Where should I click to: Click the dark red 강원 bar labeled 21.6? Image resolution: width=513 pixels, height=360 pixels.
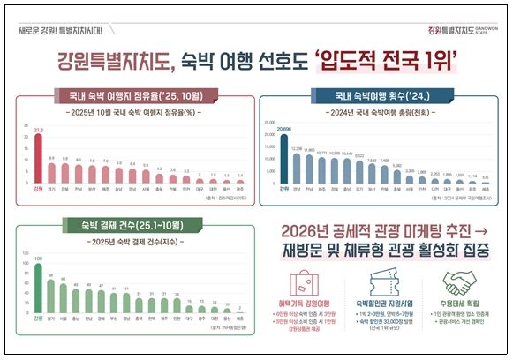pyautogui.click(x=37, y=158)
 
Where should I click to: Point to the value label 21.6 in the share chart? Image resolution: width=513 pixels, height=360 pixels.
pyautogui.click(x=37, y=130)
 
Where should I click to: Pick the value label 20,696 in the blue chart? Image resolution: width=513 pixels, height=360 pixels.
pyautogui.click(x=283, y=129)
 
